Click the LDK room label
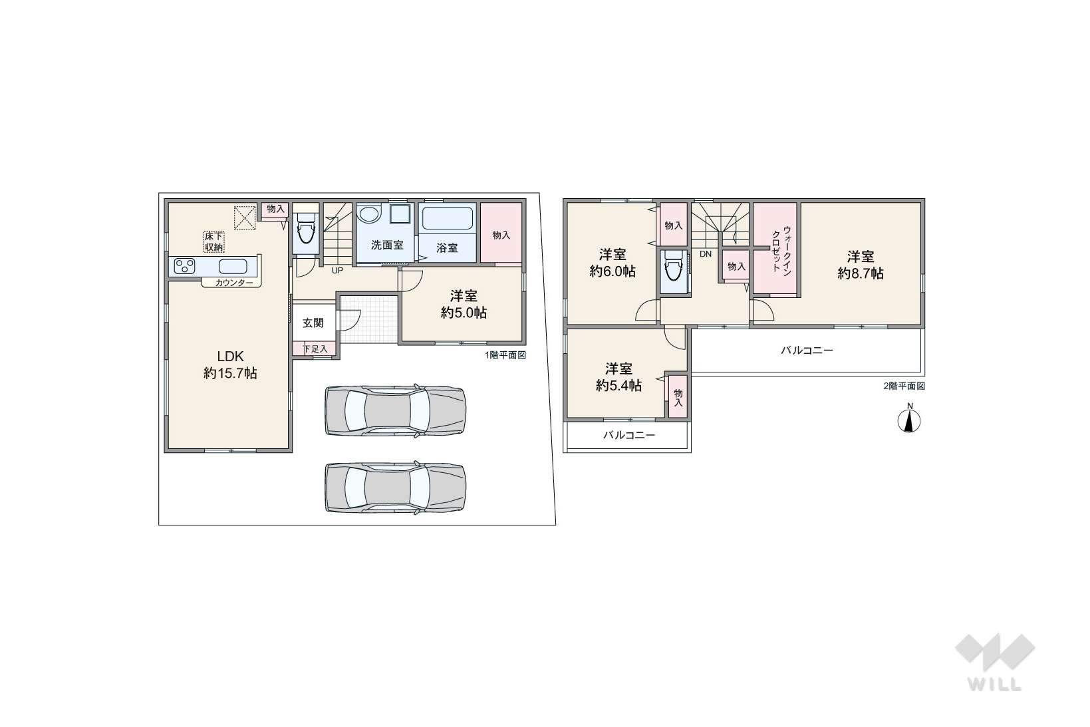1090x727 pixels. tap(230, 357)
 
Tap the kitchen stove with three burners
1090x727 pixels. tap(184, 265)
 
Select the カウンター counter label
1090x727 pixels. tap(234, 283)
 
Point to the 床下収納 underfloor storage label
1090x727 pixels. tap(213, 242)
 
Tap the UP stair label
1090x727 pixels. tap(337, 270)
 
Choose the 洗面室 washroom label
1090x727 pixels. tap(387, 245)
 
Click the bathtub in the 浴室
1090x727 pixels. tap(447, 218)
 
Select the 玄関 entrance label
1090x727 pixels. tap(313, 323)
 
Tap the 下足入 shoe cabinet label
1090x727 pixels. tap(315, 349)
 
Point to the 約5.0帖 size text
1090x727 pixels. tap(464, 313)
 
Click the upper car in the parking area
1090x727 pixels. tap(395, 410)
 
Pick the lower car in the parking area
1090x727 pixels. tap(395, 488)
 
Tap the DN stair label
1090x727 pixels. tap(705, 254)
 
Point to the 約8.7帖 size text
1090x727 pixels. tap(861, 273)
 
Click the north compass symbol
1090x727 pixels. tap(909, 418)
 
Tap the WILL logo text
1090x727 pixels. tap(994, 684)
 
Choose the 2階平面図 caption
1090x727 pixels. tap(904, 386)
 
